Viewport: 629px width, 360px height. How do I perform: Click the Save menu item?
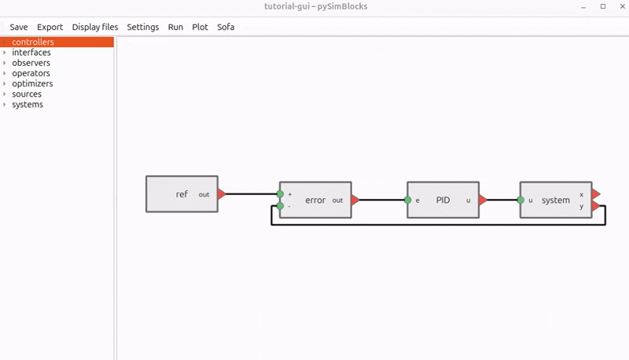tap(19, 27)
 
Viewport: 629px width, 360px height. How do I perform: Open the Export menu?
tap(50, 27)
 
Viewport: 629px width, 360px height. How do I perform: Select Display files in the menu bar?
tap(95, 27)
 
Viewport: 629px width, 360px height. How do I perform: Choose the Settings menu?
tap(143, 27)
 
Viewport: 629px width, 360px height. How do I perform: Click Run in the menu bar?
tap(175, 27)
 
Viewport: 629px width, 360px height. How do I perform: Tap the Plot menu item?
tap(200, 27)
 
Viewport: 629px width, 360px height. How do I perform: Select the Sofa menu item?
tap(226, 27)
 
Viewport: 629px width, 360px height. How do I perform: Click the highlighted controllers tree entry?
tap(33, 42)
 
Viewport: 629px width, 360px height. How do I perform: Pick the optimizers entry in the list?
tap(32, 83)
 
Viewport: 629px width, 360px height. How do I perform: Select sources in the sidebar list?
tap(27, 94)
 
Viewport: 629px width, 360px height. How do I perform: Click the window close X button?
tap(623, 6)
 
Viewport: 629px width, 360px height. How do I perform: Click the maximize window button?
tap(603, 6)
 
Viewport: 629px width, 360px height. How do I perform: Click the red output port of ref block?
tap(222, 194)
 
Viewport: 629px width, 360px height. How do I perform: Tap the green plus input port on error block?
tap(280, 194)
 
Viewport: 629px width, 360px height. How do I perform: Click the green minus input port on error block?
tap(280, 206)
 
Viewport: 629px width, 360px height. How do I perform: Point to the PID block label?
tap(443, 200)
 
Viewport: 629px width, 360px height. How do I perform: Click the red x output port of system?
tap(596, 194)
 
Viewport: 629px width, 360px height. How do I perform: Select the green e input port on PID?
tap(407, 200)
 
